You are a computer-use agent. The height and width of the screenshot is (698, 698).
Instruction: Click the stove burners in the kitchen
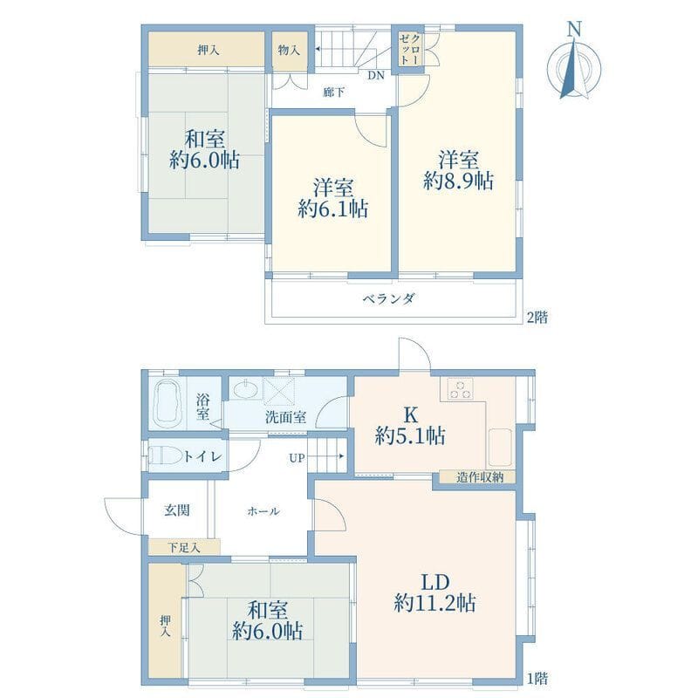point(461,389)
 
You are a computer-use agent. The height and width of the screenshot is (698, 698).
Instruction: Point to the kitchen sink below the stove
point(501,448)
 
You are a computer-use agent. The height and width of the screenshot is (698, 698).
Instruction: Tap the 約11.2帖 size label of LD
point(435,603)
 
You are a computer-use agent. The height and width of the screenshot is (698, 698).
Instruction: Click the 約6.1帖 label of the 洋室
point(332,209)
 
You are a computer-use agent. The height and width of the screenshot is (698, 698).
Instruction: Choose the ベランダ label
point(389,298)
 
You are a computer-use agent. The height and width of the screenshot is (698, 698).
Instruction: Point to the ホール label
point(263,512)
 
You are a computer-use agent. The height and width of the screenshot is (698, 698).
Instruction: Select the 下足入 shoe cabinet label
point(184,548)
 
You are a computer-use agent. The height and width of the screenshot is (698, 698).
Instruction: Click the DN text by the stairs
point(375,76)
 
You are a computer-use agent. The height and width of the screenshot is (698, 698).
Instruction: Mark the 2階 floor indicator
point(537,318)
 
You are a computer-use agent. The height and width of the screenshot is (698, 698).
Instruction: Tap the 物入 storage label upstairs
point(289,50)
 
